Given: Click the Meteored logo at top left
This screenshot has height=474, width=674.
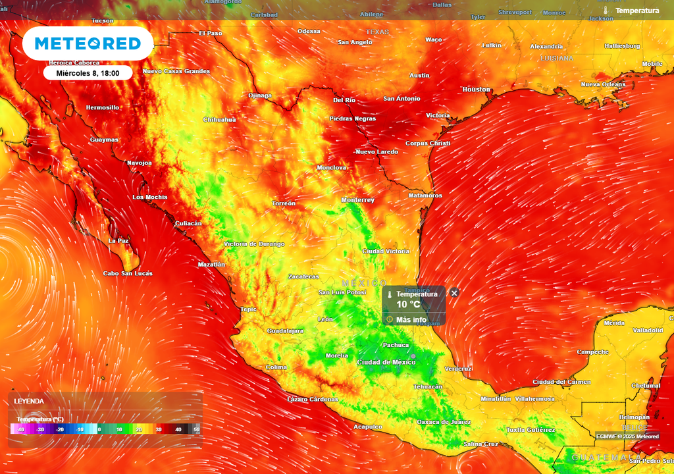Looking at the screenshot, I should (88, 44).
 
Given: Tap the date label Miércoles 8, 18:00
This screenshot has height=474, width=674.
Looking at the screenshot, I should (88, 73).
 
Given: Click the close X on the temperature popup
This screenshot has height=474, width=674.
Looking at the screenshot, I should (454, 293).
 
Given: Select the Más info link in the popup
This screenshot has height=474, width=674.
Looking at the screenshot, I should (411, 320).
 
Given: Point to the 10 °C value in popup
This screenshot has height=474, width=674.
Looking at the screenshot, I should (408, 305).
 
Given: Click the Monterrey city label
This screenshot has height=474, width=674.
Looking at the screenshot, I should (357, 200).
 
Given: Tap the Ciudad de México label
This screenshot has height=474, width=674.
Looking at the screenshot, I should (386, 363).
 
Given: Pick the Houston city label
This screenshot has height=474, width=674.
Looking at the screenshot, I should (477, 90).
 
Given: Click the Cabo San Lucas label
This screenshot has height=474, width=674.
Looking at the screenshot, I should (128, 273).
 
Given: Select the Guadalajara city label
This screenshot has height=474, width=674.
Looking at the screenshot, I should (285, 330).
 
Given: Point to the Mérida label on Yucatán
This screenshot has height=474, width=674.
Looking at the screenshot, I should (614, 323).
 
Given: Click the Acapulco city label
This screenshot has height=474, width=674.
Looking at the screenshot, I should (367, 427).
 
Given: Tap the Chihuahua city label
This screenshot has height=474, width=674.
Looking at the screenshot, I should (219, 120).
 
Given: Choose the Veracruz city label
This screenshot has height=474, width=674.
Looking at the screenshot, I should (458, 369).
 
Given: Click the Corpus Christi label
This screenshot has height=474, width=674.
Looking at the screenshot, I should (428, 144).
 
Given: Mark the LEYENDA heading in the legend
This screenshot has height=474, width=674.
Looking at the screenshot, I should (29, 401).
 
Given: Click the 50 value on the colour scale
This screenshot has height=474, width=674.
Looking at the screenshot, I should (196, 429).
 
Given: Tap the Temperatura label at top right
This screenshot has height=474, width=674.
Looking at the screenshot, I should (636, 11).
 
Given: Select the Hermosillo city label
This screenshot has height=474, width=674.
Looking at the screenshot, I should (103, 107).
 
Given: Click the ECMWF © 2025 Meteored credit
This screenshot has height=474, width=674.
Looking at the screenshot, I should (627, 436).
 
